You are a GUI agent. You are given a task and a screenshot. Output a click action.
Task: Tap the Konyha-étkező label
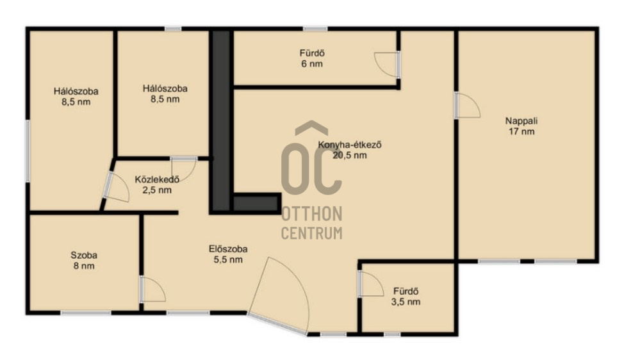[x=349, y=145]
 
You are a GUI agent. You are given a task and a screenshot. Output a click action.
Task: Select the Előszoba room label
[x=228, y=249]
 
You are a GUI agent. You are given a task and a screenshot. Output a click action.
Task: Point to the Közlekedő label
[x=157, y=179]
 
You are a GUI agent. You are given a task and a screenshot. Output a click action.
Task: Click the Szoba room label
[x=84, y=256]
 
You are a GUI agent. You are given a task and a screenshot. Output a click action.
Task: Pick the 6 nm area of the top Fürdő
[x=312, y=63]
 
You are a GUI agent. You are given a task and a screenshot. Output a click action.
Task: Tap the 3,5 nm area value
[x=406, y=302]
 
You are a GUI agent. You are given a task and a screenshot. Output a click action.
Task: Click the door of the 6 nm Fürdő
[x=387, y=64]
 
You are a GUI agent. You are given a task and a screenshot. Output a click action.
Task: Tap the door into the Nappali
[x=468, y=106]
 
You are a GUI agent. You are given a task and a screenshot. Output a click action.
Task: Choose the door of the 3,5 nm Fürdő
[x=370, y=284]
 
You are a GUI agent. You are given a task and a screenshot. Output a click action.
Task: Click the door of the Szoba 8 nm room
[x=152, y=288]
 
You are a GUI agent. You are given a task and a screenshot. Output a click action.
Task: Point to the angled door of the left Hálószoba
[x=116, y=186]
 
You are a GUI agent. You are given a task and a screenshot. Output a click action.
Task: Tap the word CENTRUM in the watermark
[x=311, y=233]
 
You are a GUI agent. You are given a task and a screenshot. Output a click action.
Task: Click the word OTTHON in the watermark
[x=311, y=214]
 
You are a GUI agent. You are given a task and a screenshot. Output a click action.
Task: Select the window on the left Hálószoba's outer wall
[x=28, y=151]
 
